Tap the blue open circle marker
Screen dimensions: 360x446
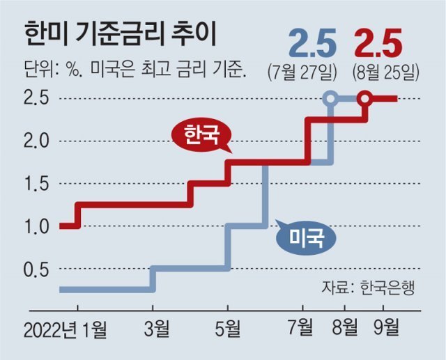point(332,99)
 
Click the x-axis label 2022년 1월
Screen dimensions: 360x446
point(67,327)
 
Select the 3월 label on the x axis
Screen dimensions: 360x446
point(153,327)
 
